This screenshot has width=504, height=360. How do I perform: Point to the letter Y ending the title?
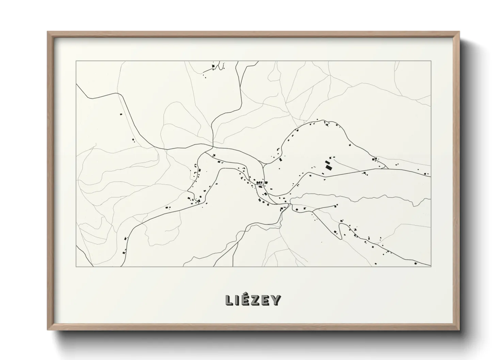(276, 300)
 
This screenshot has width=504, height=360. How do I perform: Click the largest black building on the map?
(329, 167)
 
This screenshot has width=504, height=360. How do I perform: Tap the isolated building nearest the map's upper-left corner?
(121, 114)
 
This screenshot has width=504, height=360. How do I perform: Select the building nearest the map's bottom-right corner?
(415, 263)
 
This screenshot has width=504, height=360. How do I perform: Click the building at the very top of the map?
(213, 66)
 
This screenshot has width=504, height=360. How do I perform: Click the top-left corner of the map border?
(76, 61)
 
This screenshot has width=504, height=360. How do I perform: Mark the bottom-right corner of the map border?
(431, 266)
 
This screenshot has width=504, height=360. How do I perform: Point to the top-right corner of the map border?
(431, 61)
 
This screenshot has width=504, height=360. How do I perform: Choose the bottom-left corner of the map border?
(76, 266)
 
